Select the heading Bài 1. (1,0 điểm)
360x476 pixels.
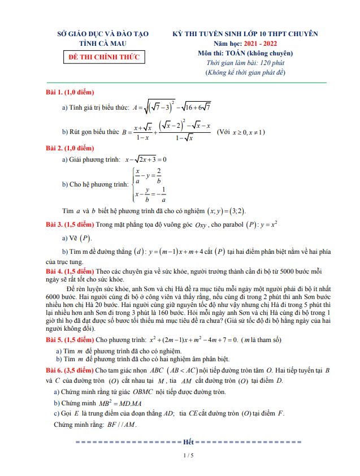(x=70, y=92)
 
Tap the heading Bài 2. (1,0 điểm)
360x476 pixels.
(x=70, y=148)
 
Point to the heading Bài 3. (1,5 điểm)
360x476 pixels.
(x=70, y=224)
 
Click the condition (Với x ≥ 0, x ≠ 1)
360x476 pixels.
(x=241, y=132)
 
